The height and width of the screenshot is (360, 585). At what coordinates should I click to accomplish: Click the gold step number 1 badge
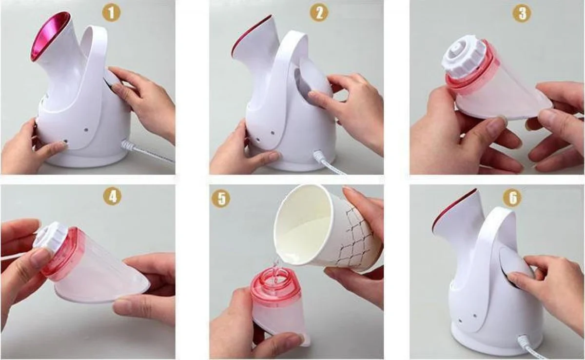[112, 13]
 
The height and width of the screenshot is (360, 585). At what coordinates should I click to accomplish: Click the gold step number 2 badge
[319, 13]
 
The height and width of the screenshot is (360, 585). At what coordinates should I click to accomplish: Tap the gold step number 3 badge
[522, 13]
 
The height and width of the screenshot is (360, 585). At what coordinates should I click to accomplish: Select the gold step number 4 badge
[113, 197]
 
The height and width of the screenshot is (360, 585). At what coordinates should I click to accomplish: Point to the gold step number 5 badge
[221, 199]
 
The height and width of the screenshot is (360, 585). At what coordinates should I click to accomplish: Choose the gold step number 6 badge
[513, 198]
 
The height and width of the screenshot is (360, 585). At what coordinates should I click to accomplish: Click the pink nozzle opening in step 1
[50, 37]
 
